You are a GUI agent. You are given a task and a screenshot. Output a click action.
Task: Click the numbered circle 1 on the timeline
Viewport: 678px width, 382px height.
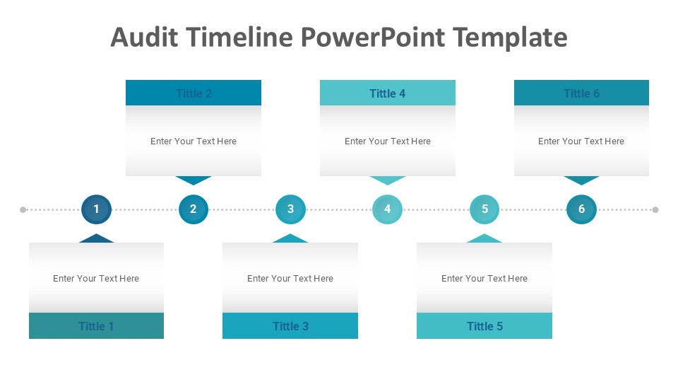pos(96,209)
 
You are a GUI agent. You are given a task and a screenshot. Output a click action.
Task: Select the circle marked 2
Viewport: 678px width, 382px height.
pos(193,209)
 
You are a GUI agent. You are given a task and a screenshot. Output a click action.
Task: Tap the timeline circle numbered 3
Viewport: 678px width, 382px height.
pos(290,209)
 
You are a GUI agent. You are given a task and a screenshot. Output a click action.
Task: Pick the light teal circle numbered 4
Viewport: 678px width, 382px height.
pos(387,209)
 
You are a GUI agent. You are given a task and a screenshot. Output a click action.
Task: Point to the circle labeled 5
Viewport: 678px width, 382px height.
pos(484,209)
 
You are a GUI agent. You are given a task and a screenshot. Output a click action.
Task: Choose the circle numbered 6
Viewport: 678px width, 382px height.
pos(581,209)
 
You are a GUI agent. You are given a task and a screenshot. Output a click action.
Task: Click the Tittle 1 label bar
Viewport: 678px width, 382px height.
pos(96,326)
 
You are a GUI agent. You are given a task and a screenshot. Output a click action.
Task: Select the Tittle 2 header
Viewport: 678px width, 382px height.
pos(194,93)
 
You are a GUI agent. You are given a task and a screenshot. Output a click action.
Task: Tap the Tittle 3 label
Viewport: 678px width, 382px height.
pos(290,326)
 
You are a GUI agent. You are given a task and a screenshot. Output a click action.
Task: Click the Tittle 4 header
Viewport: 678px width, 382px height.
pos(387,93)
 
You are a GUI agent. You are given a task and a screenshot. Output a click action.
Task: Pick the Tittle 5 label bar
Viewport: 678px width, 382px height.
pos(484,326)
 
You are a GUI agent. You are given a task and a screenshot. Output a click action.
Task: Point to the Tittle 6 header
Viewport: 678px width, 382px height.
pos(581,93)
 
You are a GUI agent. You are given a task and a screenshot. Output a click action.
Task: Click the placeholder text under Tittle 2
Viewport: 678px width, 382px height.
pos(194,141)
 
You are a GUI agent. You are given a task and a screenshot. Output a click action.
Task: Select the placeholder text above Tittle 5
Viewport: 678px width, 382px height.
pos(484,279)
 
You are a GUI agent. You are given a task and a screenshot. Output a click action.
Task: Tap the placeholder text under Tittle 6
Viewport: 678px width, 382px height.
pos(581,141)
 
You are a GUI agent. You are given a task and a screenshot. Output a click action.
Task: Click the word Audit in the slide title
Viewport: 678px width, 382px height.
pos(145,37)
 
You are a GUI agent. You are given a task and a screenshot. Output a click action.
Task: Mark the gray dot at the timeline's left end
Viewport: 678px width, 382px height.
pos(23,210)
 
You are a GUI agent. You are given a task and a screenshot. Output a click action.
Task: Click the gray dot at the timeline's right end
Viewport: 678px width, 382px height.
pos(655,210)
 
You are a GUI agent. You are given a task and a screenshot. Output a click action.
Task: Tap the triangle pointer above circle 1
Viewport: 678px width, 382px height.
pos(96,238)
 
